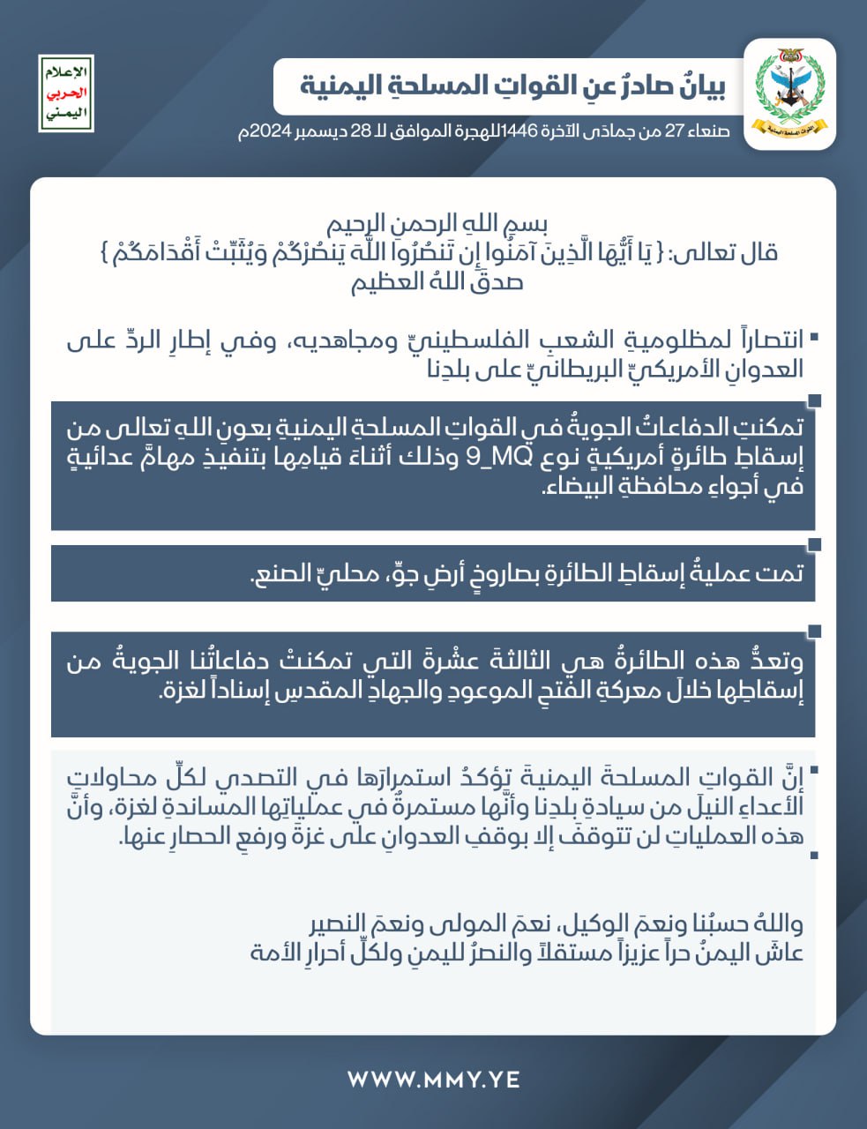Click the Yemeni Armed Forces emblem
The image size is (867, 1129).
coord(789,94)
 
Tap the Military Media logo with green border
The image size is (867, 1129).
coord(66,93)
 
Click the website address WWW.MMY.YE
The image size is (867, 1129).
coord(433,1079)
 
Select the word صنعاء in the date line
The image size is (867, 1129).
coord(706,132)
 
